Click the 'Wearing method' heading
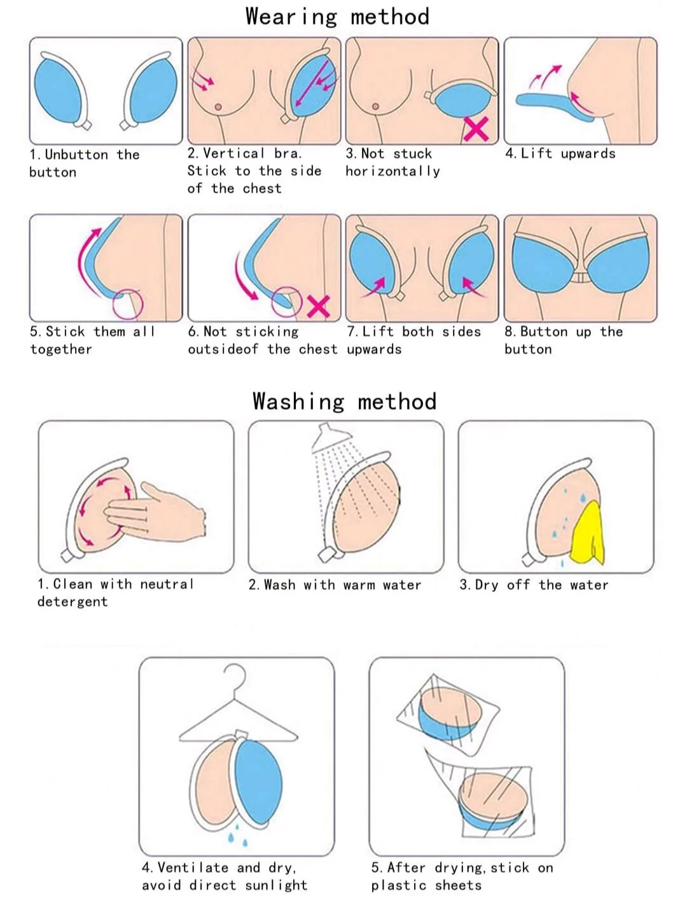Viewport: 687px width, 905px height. pos(337,17)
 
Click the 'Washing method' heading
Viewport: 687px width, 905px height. pos(344,402)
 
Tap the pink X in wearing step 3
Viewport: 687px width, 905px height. pos(476,129)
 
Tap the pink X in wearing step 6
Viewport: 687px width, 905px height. pos(318,306)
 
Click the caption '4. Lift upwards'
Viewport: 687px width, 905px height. pos(560,153)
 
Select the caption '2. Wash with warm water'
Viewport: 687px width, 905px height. pos(335,585)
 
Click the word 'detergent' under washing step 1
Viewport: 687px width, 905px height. pos(73,602)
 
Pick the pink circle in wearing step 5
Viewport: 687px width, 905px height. pos(127,304)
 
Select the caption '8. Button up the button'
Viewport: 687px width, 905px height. pos(563,340)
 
